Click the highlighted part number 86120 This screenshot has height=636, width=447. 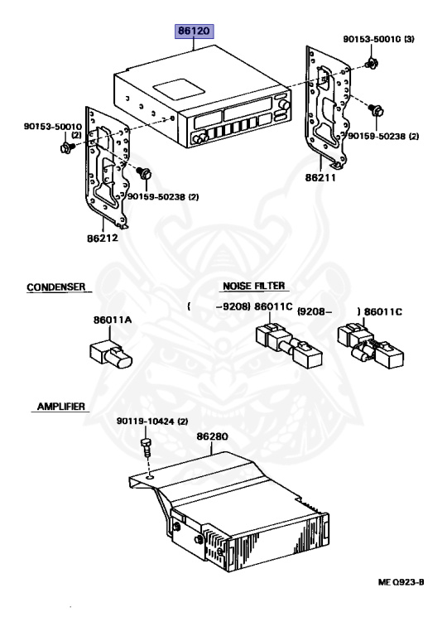point(194,31)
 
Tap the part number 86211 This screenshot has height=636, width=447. point(320,177)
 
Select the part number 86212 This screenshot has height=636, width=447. point(103,238)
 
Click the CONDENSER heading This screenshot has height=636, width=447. point(56,287)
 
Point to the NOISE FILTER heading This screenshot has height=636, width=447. point(254,286)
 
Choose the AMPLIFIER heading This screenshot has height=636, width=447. point(61,407)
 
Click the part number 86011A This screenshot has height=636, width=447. point(113,320)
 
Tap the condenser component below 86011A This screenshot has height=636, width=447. point(111,354)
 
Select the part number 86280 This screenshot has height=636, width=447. point(212,436)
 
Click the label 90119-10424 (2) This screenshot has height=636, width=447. point(152,422)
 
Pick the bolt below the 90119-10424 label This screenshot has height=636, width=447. point(146,447)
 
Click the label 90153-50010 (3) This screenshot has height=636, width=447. point(378,39)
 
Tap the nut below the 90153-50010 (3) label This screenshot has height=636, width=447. point(371,64)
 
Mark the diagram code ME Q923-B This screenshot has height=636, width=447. point(401,582)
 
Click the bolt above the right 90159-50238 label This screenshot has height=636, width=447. point(377,110)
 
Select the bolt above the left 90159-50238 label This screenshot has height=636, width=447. point(143,173)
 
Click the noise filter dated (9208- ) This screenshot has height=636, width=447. point(370,345)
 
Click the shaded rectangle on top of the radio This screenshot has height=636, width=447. point(178,89)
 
